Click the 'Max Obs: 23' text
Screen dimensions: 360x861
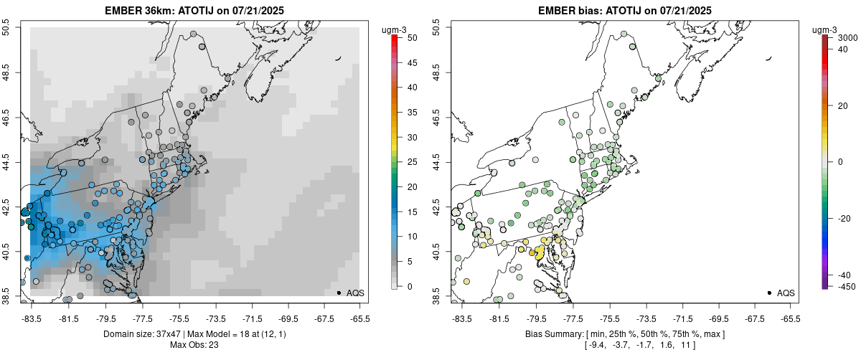click(196, 345)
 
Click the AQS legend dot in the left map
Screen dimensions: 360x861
click(339, 293)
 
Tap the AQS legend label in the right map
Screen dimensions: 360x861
click(786, 293)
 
